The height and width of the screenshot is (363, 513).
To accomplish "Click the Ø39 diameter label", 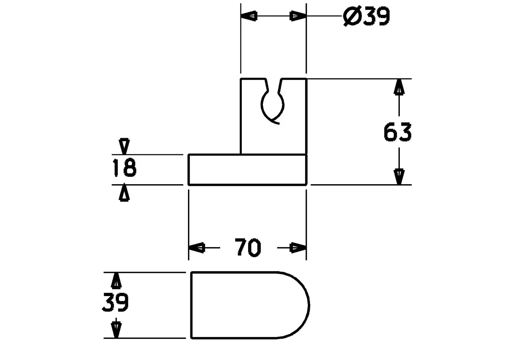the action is click(x=366, y=16).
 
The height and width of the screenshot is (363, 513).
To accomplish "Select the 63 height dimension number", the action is click(x=398, y=132).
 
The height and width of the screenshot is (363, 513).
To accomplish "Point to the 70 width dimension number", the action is click(x=248, y=247).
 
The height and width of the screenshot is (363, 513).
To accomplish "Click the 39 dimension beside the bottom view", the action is click(x=115, y=302).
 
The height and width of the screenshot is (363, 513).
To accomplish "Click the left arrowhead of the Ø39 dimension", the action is click(x=249, y=16).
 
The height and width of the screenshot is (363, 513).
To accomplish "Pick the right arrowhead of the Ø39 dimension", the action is click(x=298, y=16).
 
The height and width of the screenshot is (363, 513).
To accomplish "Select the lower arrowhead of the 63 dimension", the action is click(x=399, y=176).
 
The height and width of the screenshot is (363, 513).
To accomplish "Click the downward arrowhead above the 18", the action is click(x=124, y=146).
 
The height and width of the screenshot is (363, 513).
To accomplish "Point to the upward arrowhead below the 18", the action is click(x=124, y=193).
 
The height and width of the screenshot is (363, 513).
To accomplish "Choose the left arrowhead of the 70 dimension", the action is click(x=196, y=248).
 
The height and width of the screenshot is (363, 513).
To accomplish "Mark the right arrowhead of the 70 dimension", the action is click(x=298, y=248).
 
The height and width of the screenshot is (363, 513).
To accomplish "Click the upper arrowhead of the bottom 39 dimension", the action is click(x=116, y=280).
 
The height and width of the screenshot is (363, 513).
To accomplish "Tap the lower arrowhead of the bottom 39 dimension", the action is click(x=116, y=330).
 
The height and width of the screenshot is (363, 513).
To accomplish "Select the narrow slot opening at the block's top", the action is click(x=273, y=85).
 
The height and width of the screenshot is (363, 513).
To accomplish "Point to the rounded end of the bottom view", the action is click(x=310, y=305).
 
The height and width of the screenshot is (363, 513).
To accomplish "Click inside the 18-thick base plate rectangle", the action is click(x=247, y=170).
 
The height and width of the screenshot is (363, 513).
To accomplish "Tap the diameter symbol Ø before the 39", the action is click(x=352, y=16).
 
